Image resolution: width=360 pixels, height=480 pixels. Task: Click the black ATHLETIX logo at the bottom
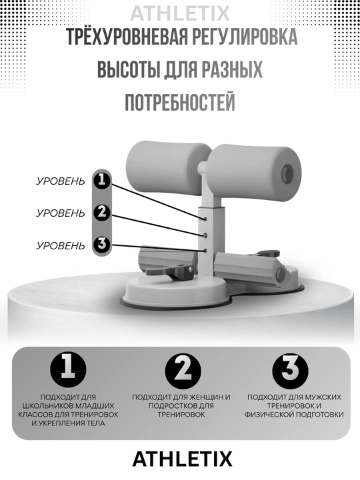point(182,459)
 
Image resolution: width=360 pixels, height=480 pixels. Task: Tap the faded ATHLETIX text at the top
point(180,13)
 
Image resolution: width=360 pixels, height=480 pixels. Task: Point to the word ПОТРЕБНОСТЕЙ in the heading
point(180,102)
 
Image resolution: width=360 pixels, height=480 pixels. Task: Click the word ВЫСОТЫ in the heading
point(129,69)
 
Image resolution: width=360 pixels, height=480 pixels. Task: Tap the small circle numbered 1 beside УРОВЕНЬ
point(101,180)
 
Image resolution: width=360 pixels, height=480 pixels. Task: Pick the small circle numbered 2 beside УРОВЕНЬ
point(101,212)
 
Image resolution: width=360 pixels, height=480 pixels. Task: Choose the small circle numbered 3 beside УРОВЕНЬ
point(101,244)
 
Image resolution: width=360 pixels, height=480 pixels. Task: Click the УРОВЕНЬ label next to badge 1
point(60,181)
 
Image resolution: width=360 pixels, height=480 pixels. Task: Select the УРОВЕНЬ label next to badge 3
point(60,245)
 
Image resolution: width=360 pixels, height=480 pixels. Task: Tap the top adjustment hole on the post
point(205,219)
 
